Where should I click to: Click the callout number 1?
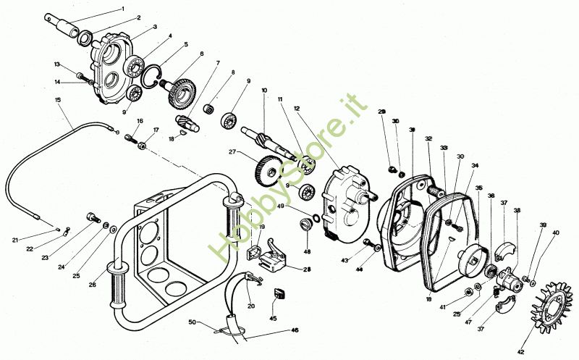point(123,9)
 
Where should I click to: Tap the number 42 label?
point(520,351)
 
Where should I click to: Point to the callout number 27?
point(233,152)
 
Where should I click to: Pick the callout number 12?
point(297,108)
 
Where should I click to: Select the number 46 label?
point(295,330)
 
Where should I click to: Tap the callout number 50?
point(192,321)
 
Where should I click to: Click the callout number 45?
point(273,317)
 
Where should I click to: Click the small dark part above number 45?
point(277,293)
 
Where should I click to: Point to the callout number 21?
point(14,240)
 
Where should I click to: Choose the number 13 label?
point(56,64)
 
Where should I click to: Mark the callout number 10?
point(265,91)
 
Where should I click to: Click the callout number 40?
point(556,233)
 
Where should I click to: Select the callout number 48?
point(307,252)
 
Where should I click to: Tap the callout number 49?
point(282,205)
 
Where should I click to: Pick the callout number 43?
point(345,260)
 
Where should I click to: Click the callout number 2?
point(138,17)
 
